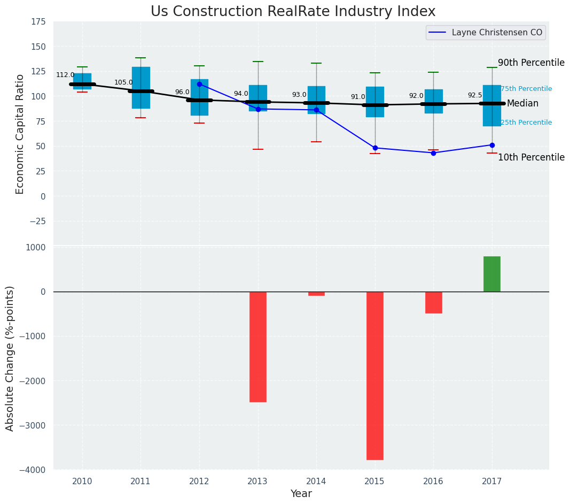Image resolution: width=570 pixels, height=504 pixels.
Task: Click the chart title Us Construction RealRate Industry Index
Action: pos(293,12)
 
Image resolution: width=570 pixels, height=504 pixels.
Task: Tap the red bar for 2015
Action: pos(374,375)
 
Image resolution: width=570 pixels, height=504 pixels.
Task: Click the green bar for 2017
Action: pos(491,274)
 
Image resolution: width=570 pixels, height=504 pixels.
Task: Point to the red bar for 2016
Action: pos(433,302)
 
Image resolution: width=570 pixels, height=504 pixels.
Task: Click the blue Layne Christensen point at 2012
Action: pos(199,84)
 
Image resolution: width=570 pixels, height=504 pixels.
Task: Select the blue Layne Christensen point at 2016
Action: pos(433,153)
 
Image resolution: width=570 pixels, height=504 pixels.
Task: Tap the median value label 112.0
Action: pos(65,75)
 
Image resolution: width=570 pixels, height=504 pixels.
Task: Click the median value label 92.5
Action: pos(475,96)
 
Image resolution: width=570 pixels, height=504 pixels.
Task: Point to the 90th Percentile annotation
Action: pos(531,63)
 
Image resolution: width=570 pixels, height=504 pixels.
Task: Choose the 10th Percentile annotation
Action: pos(531,158)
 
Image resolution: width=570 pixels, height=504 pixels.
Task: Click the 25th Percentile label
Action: pos(526,123)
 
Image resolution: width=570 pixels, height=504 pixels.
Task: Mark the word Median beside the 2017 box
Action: pos(522,104)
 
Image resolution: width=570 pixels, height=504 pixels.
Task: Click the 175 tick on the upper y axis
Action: pos(38,22)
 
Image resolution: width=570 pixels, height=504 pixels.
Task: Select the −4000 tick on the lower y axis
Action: pos(33,470)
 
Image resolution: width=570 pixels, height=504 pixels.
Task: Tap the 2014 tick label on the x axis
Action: pos(316,482)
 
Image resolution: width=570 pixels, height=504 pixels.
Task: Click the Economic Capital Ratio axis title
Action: pos(20,134)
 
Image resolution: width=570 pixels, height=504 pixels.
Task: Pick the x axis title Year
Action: pos(301,494)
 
